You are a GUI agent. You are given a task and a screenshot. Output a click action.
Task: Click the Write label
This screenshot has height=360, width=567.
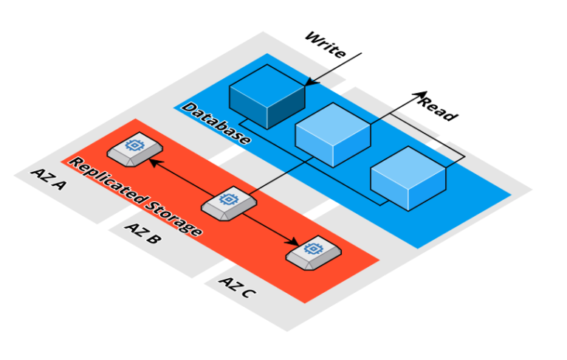coord(325,44)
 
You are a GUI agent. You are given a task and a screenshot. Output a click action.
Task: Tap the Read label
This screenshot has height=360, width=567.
coord(439,108)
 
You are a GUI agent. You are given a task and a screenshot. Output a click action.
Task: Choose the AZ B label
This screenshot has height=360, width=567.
coord(141,232)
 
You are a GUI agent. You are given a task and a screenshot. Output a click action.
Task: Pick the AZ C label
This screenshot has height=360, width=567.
coord(238,287)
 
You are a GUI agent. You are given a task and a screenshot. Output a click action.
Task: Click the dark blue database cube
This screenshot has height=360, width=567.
coord(267,97)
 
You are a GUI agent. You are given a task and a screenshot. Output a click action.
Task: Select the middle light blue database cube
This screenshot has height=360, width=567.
coord(332,134)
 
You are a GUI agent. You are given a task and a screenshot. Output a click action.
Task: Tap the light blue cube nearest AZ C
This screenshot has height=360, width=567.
coord(408,178)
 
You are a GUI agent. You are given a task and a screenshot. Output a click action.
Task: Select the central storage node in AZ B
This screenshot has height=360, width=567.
coord(229,202)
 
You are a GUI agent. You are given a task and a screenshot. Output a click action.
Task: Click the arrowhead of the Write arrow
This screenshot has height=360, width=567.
coord(308,83)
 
